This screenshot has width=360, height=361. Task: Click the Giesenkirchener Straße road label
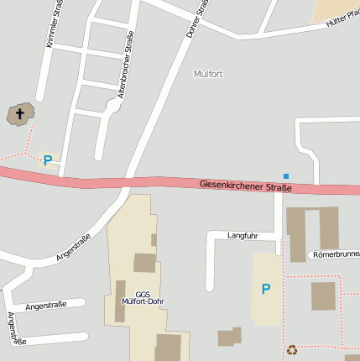246,186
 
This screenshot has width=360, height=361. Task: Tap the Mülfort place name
208,74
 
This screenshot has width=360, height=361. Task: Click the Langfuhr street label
243,236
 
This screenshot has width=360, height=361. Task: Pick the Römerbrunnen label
336,254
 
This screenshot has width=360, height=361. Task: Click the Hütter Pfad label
342,18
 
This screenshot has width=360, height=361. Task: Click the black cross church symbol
20,113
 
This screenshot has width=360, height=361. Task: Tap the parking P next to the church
48,160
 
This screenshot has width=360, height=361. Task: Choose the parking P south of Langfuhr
266,289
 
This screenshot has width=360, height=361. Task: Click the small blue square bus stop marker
285,175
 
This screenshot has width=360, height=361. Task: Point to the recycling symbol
292,350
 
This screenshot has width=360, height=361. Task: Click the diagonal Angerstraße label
73,247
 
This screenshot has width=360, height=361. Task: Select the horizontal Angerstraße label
46,307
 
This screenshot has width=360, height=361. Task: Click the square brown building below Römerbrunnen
323,296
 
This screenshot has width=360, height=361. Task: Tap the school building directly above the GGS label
144,263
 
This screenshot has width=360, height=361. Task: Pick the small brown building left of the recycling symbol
228,337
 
